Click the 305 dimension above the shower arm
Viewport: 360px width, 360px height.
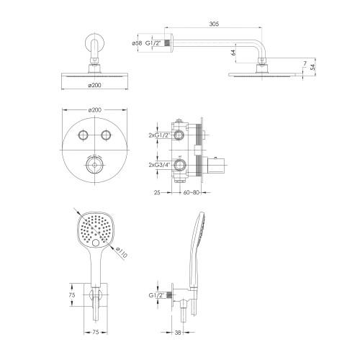pyautogui.click(x=214, y=24)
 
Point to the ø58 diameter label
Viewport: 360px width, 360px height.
pyautogui.click(x=137, y=43)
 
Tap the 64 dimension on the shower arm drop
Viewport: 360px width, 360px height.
pyautogui.click(x=233, y=53)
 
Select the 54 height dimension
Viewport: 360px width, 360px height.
pyautogui.click(x=312, y=67)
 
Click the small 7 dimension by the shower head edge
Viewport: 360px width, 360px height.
pyautogui.click(x=305, y=63)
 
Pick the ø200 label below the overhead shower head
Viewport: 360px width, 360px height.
pyautogui.click(x=94, y=85)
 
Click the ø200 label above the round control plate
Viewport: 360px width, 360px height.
pyautogui.click(x=94, y=110)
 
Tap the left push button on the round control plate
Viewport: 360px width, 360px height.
pyautogui.click(x=83, y=135)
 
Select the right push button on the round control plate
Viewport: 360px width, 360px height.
pyautogui.click(x=106, y=135)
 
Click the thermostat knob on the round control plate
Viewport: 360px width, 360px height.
pyautogui.click(x=95, y=165)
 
